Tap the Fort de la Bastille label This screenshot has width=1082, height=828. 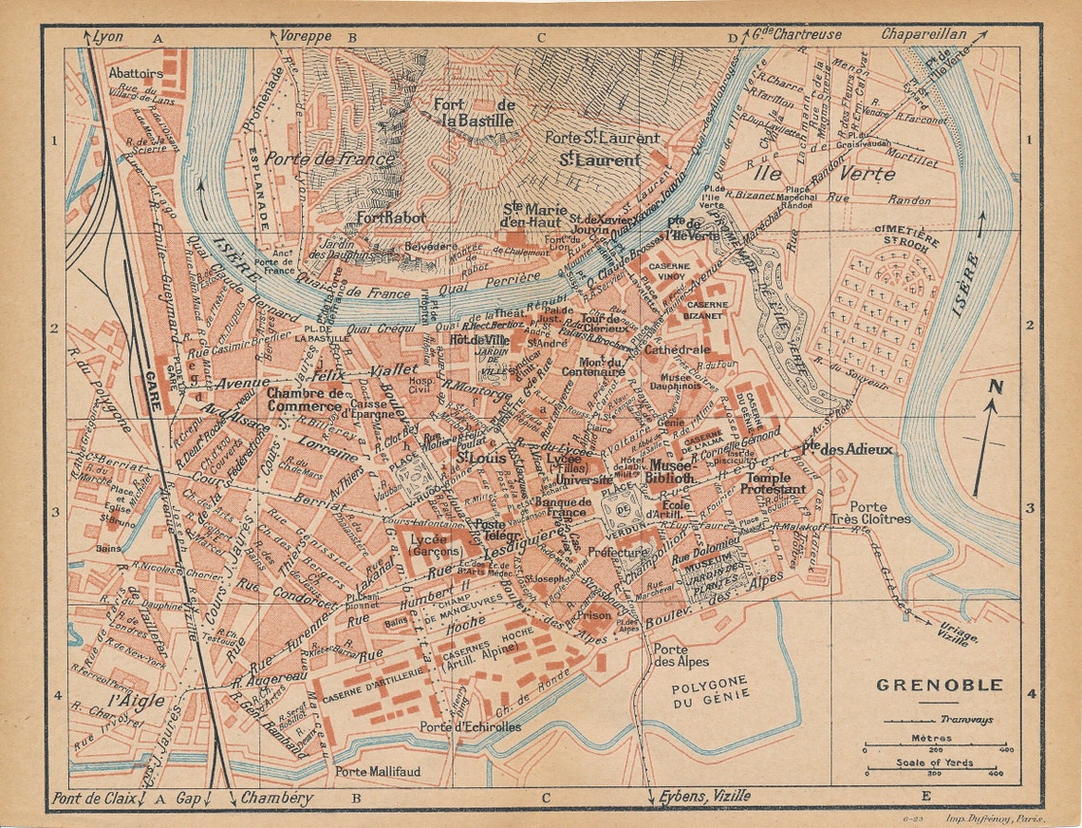pos(474,113)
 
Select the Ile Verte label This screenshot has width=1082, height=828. pos(821,174)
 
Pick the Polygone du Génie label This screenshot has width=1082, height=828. pos(710,687)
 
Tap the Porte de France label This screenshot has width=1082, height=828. pos(329,160)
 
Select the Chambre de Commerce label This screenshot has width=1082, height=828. pos(305,400)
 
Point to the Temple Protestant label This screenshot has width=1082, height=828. pos(773,483)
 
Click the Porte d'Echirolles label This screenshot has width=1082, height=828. pos(471,726)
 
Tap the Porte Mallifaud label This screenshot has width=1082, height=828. pos(377,772)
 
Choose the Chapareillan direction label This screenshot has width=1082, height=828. pos(923,34)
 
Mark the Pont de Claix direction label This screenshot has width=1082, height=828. pos(93,799)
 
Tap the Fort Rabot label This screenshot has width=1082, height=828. pos(391,217)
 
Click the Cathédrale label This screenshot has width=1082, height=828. pos(677,349)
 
